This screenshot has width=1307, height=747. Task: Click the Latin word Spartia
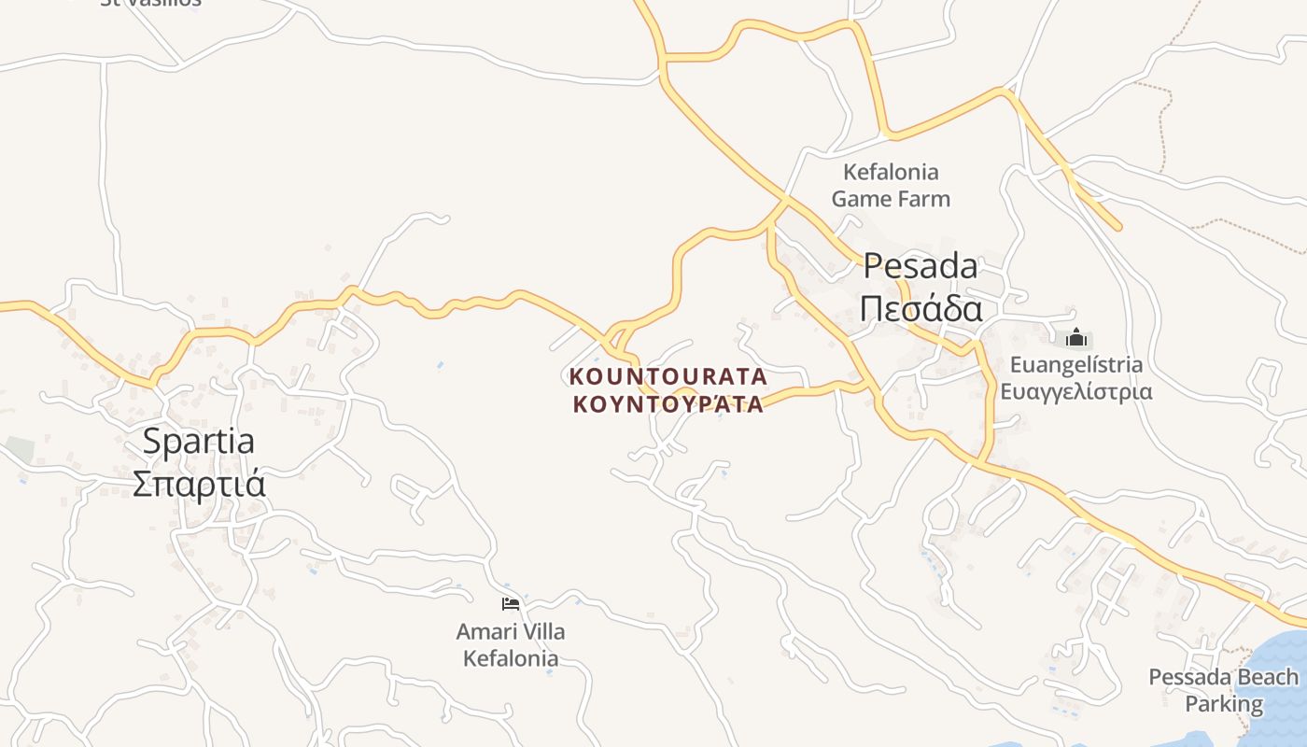198,441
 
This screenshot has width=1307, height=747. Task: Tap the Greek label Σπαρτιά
199,484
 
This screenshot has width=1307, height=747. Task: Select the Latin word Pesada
920,266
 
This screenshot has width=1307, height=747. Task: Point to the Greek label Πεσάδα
921,308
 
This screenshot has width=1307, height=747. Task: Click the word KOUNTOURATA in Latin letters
668,377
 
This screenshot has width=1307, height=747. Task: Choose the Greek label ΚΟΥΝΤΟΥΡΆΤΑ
668,404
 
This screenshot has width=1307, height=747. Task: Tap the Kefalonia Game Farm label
891,185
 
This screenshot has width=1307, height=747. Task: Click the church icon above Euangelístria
1075,338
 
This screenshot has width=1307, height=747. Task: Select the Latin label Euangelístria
1075,364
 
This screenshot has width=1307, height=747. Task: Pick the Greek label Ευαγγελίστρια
1075,391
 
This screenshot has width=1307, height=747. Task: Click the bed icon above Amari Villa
510,604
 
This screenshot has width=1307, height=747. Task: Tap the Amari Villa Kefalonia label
511,645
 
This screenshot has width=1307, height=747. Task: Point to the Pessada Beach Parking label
1223,690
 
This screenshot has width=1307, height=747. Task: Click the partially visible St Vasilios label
150,3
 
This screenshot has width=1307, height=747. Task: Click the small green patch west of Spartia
19,448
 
